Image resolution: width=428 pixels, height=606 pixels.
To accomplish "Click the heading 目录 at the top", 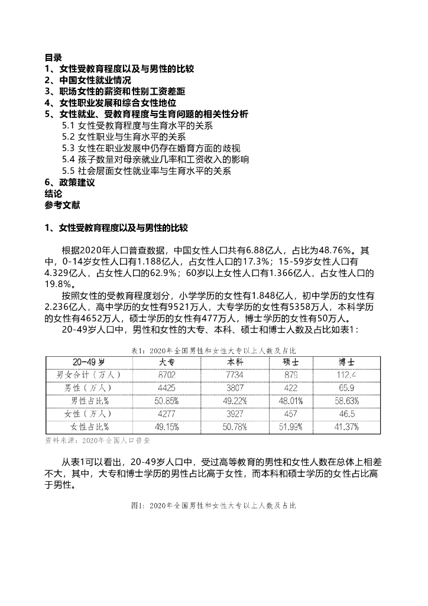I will tap(53, 58).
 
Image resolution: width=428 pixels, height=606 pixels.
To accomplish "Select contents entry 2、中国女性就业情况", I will tap(88, 80).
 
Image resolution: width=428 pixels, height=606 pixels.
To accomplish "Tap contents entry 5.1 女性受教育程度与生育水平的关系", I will tap(137, 126).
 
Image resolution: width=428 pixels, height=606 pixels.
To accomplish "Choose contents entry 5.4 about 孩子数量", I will tap(155, 160).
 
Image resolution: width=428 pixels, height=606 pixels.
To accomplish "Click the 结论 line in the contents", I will tap(53, 194).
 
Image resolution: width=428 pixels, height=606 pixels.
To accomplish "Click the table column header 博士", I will tap(346, 362).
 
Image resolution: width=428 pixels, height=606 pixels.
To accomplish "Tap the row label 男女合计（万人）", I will tap(89, 375).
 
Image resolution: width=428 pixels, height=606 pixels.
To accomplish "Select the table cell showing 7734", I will tap(231, 375).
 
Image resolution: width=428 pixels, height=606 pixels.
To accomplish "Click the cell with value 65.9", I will tap(346, 388).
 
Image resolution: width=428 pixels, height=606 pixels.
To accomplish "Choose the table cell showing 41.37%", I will tap(346, 426).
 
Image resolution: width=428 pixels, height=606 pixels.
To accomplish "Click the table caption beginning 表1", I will tap(213, 350).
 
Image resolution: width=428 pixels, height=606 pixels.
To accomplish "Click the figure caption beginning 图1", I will tap(213, 506).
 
